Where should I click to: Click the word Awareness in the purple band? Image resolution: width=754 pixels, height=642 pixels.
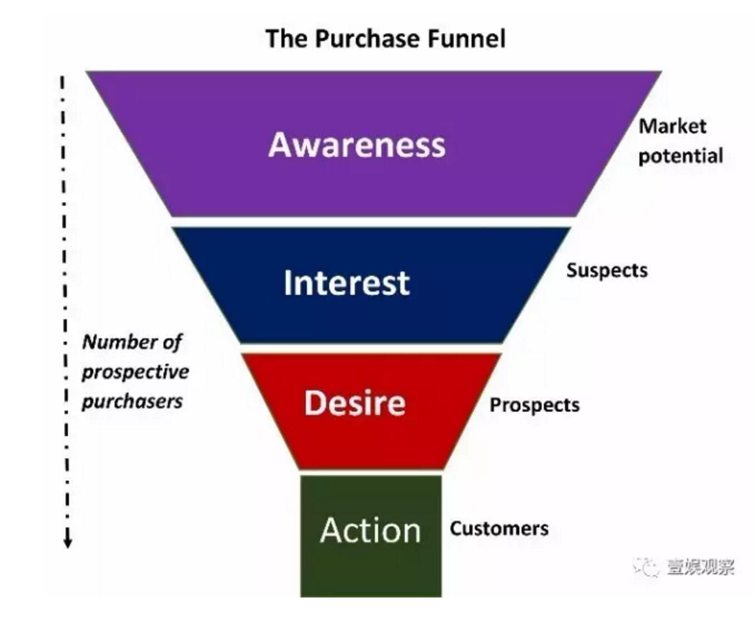[x=356, y=145]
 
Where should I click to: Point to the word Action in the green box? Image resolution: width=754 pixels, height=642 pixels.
[x=370, y=530]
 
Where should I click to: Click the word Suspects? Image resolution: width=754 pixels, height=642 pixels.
[x=607, y=271]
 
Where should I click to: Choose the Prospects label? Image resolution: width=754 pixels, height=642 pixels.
[x=534, y=406]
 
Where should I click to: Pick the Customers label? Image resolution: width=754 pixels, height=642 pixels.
[x=499, y=529]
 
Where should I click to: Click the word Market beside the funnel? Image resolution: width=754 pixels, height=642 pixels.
[x=672, y=127]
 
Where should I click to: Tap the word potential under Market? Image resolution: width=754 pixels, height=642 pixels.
[x=681, y=156]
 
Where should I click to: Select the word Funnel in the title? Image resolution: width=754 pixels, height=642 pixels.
[x=467, y=39]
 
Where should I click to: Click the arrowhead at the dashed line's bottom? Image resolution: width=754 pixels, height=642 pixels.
[x=67, y=542]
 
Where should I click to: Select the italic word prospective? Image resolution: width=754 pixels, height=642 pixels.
[x=135, y=373]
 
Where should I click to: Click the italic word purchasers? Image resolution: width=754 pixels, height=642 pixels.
[x=132, y=402]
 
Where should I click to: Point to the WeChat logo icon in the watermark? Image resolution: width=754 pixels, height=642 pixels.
[x=646, y=567]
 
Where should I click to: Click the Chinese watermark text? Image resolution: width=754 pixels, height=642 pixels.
[x=701, y=567]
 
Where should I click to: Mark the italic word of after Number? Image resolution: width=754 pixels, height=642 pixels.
[x=171, y=342]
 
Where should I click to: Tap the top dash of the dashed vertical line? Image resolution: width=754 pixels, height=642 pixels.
[x=62, y=82]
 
